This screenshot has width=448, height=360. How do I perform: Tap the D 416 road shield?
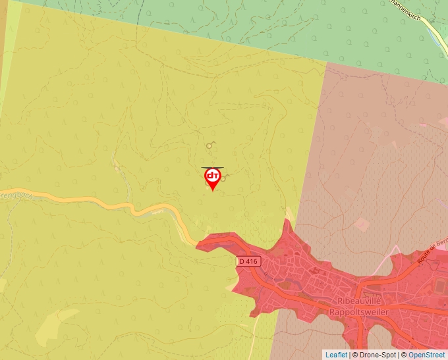pos(249,261)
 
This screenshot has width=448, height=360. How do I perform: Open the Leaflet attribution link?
pos(336,355)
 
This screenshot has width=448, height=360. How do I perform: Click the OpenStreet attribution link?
pos(428,355)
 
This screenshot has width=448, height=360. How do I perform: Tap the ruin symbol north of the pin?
pos(210,144)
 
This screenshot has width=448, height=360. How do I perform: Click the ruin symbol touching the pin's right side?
pos(225,176)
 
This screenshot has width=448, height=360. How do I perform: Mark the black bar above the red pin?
pos(212,168)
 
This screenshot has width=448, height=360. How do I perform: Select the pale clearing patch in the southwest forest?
pos(49,326)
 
